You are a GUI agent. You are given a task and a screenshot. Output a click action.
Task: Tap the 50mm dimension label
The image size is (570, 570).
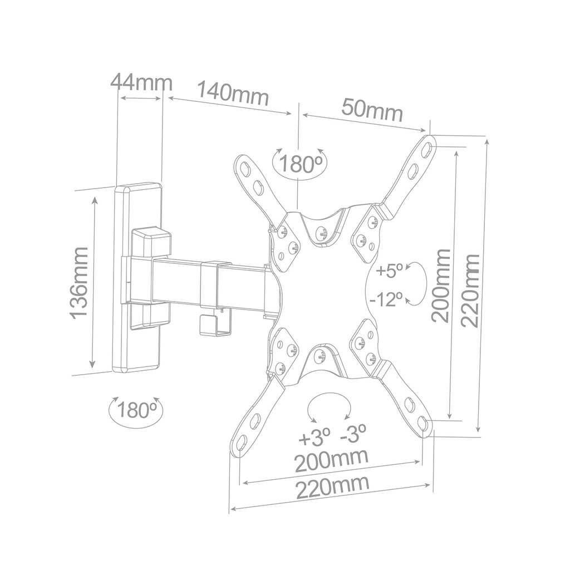tap(372, 110)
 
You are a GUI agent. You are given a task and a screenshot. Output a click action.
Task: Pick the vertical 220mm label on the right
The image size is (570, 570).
tap(471, 290)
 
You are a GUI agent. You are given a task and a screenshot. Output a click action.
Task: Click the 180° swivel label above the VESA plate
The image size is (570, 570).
tap(301, 164)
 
